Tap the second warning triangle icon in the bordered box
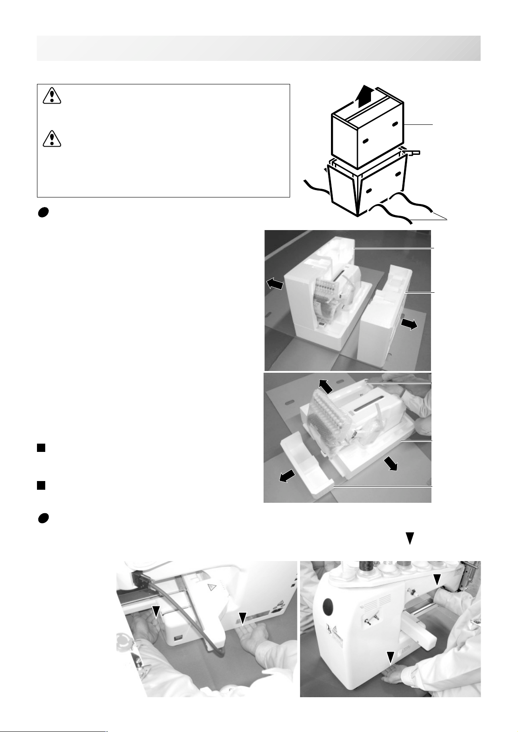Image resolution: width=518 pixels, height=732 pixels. (x=52, y=138)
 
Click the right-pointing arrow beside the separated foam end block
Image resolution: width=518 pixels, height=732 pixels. (x=410, y=324)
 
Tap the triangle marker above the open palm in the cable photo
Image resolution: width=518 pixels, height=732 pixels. (x=243, y=617)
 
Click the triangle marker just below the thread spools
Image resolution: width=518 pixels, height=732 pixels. (x=437, y=579)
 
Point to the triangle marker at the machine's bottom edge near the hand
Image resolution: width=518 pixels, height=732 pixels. (x=391, y=657)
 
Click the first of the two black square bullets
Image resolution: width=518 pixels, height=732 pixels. (x=41, y=448)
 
